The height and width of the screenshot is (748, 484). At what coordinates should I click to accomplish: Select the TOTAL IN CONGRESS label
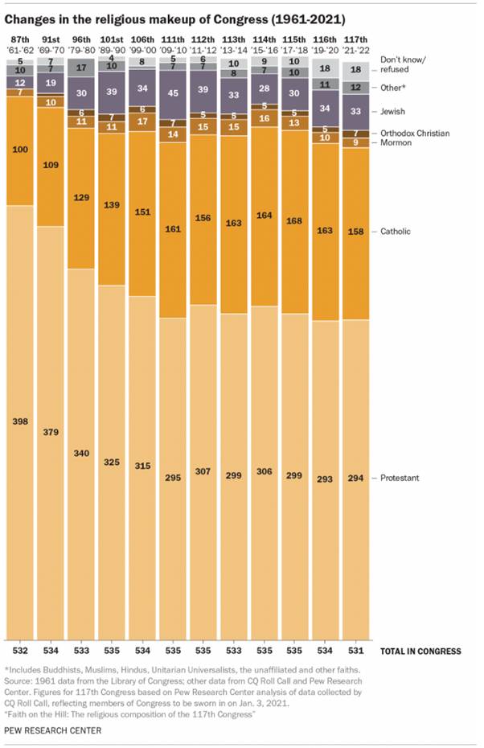coord(420,651)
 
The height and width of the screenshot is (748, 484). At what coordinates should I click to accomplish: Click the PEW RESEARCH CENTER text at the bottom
coord(52,730)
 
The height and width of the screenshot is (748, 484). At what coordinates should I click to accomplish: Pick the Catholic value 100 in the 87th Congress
coord(20,150)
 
